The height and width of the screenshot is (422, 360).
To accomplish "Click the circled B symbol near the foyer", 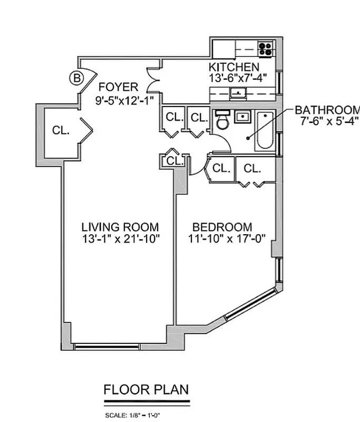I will [76, 79].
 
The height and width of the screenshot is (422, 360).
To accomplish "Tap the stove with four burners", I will [266, 49].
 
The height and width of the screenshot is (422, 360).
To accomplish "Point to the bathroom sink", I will [243, 117].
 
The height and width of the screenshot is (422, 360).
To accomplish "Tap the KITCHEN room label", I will [234, 67].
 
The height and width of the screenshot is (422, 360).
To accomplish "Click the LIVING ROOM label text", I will [120, 227].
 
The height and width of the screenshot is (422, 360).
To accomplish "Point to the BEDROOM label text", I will [222, 227].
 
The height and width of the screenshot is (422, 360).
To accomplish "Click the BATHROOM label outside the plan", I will [327, 110].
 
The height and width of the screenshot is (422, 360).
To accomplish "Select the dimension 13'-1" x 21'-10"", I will [120, 238].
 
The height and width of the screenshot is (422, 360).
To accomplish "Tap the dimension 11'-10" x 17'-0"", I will [222, 238].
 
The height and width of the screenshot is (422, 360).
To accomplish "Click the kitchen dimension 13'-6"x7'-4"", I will [238, 78].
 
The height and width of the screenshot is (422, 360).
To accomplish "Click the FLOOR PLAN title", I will [146, 390].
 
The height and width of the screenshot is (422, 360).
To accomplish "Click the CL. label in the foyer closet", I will [61, 130].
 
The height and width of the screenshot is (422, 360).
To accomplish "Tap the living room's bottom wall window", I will [107, 347].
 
